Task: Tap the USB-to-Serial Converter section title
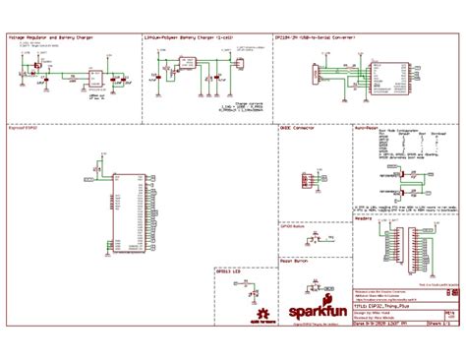(x=316, y=35)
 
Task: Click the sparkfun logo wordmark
(x=308, y=314)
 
